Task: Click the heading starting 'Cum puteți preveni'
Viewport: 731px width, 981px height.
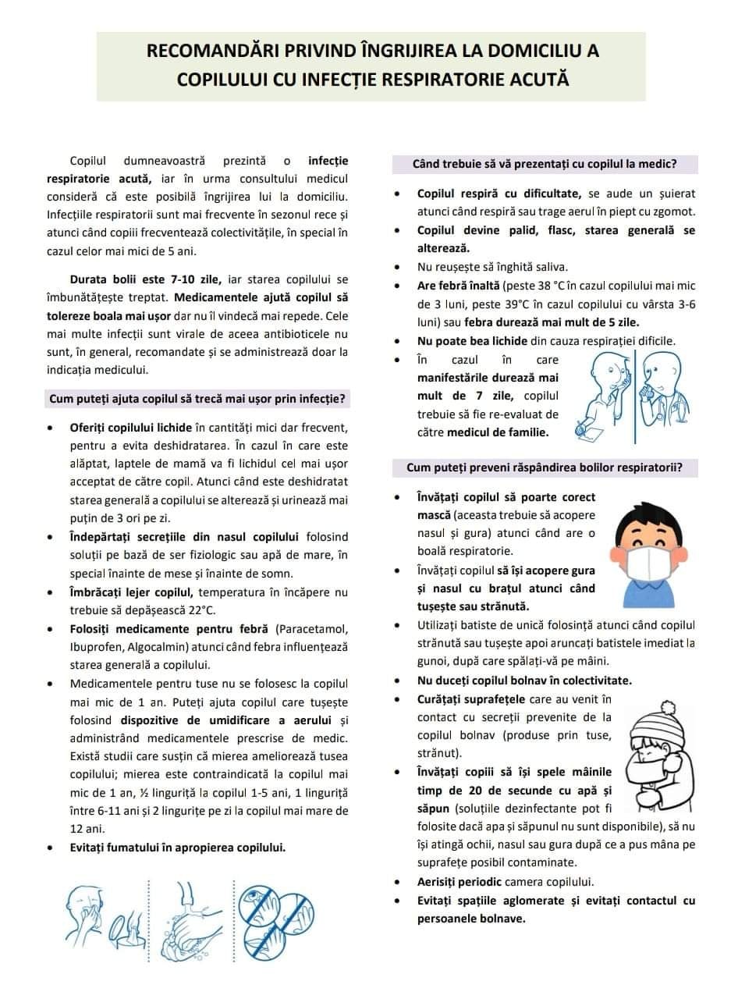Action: (x=544, y=467)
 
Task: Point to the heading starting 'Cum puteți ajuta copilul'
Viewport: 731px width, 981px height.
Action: (x=198, y=399)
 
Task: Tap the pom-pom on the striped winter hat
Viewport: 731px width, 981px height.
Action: (x=668, y=706)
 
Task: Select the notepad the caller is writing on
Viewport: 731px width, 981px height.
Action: (x=593, y=428)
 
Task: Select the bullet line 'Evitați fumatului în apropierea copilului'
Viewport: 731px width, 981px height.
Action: (x=177, y=847)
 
